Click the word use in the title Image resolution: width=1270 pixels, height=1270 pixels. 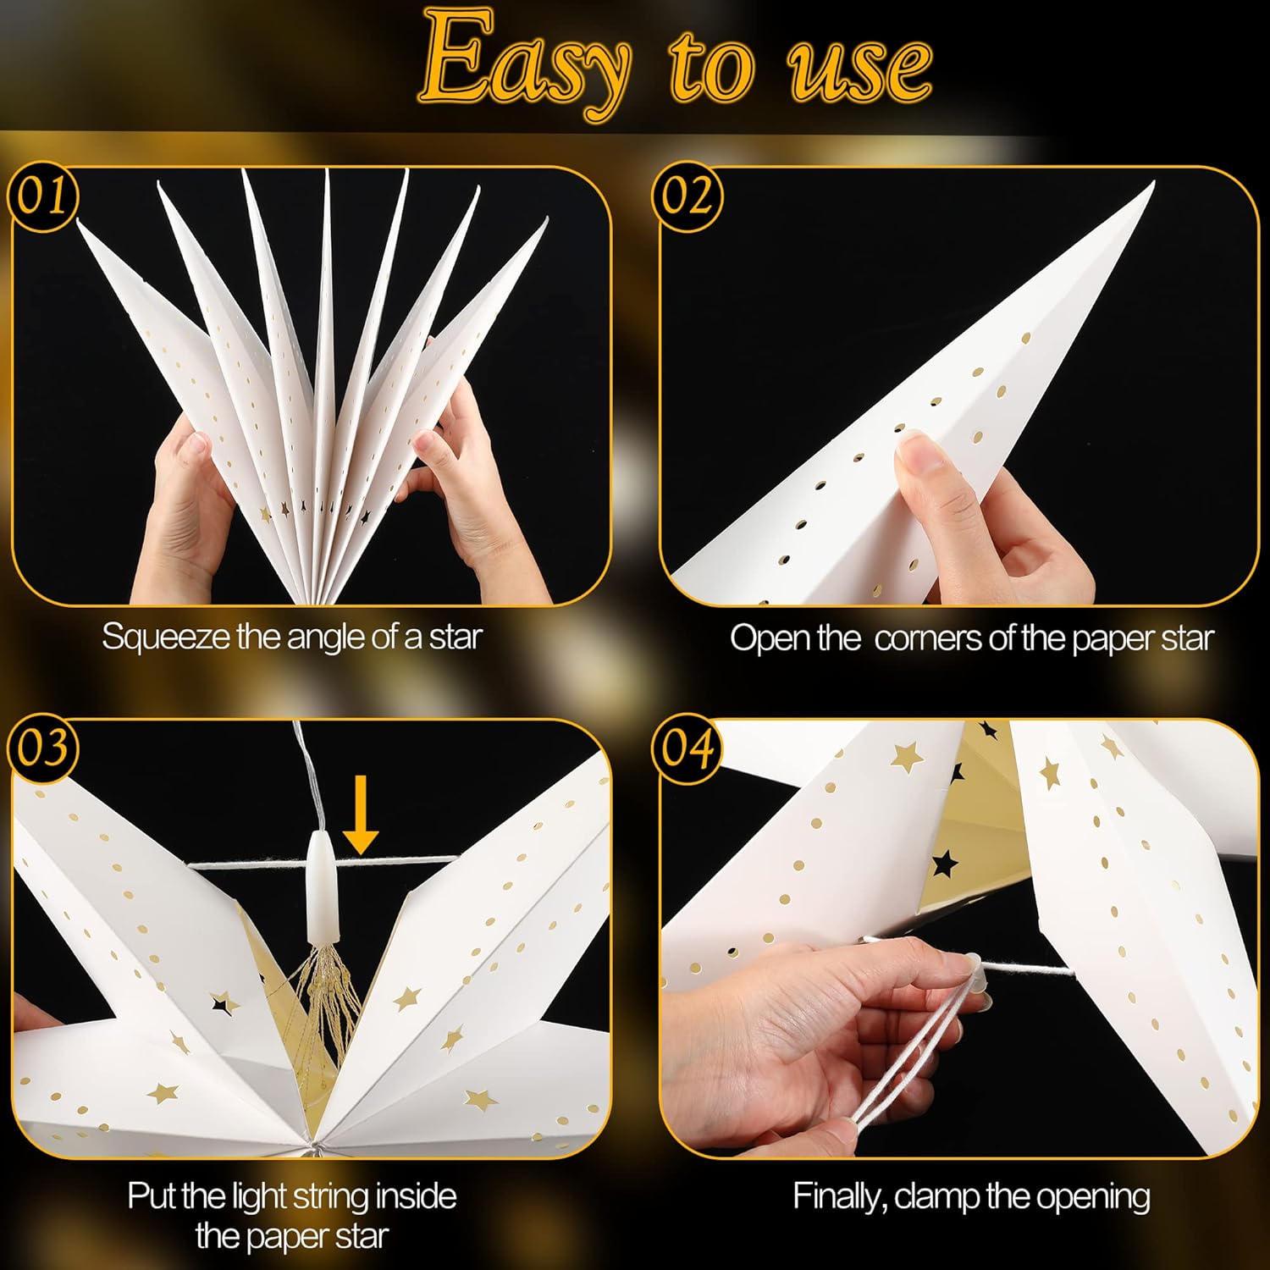(x=859, y=68)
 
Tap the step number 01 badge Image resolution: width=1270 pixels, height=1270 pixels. (x=42, y=196)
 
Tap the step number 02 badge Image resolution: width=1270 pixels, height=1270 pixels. (x=687, y=196)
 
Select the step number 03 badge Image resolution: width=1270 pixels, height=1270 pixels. (x=42, y=748)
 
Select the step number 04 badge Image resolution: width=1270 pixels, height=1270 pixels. (x=687, y=748)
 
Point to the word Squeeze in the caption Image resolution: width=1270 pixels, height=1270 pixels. (x=166, y=637)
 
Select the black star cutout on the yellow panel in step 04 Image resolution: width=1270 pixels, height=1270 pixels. (x=943, y=864)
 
